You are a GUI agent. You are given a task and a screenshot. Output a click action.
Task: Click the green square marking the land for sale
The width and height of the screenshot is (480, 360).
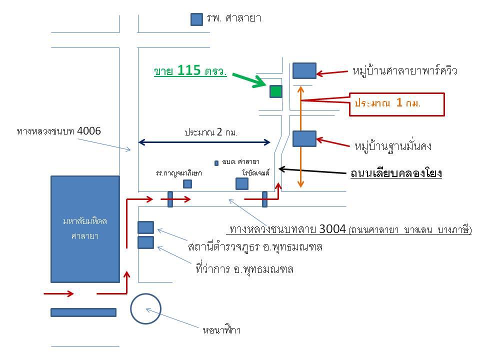click(x=276, y=91)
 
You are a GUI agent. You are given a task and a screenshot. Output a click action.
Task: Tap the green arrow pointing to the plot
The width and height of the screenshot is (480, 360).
click(x=249, y=80)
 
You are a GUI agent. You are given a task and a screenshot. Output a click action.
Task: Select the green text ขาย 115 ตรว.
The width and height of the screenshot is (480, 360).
click(x=190, y=70)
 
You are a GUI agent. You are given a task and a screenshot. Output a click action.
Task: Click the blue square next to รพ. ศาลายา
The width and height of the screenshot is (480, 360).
click(x=196, y=19)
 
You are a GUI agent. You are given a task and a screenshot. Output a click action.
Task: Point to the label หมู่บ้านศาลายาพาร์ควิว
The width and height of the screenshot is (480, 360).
click(x=404, y=71)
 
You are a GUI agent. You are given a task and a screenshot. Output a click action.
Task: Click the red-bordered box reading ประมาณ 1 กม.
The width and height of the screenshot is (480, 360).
click(x=396, y=104)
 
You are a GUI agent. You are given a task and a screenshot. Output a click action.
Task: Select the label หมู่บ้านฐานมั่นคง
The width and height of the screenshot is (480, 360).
click(x=393, y=146)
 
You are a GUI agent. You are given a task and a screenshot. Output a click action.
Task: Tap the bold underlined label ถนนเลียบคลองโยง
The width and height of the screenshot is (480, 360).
click(x=396, y=173)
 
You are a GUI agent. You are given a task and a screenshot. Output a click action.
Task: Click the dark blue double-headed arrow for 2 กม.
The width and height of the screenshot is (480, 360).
click(x=204, y=142)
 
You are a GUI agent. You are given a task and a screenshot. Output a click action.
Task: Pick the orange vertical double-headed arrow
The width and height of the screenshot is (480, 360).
click(x=300, y=136)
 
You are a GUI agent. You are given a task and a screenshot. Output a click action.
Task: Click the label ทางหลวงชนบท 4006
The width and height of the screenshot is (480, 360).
click(x=59, y=131)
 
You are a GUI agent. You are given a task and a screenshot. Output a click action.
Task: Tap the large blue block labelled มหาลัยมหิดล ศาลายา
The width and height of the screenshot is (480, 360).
click(x=85, y=229)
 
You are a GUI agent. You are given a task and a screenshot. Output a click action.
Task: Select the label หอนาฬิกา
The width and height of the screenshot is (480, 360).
click(x=221, y=330)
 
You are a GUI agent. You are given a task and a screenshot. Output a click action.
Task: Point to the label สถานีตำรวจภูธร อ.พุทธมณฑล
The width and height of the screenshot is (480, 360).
click(x=255, y=246)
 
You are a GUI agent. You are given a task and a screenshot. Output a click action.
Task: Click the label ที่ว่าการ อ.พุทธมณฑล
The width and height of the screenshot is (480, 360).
click(x=244, y=269)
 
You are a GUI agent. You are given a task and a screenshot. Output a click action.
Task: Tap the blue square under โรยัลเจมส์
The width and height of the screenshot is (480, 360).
click(x=242, y=183)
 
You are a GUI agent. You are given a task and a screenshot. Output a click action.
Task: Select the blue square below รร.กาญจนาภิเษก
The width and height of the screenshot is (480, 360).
click(x=187, y=184)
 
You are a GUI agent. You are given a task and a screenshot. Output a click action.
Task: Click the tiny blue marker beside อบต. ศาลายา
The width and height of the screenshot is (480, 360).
click(x=216, y=163)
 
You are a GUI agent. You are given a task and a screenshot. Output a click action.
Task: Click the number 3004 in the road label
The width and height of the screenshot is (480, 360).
click(x=332, y=228)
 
